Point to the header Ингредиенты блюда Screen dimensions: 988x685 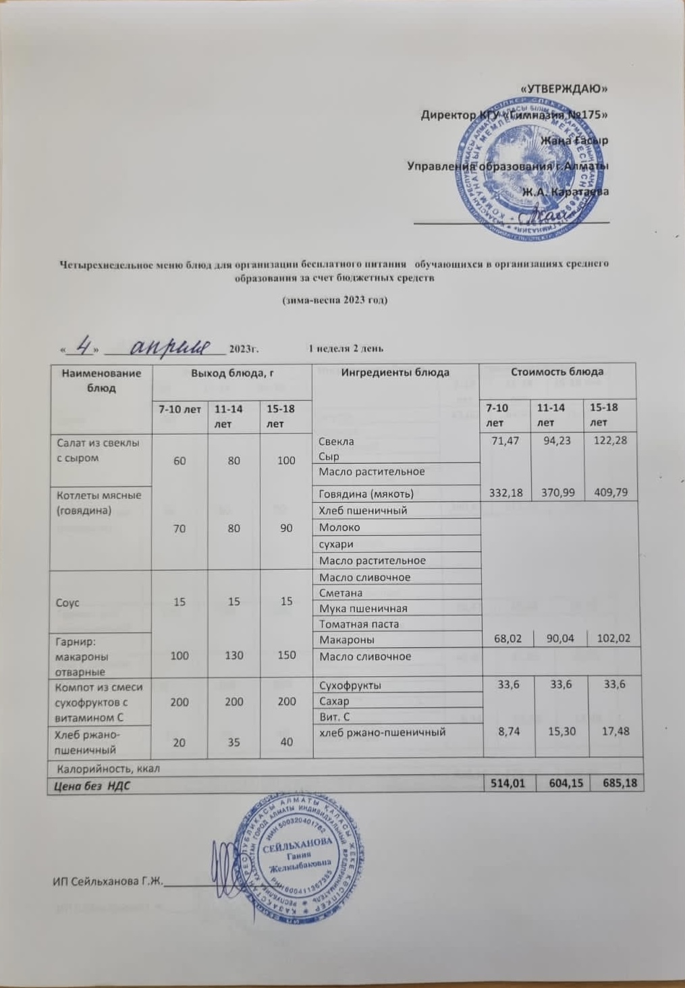tap(395, 373)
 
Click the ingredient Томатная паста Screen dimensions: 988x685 tap(358, 624)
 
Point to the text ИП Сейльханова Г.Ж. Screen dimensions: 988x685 tap(108, 881)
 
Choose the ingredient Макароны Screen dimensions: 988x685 tap(347, 639)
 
